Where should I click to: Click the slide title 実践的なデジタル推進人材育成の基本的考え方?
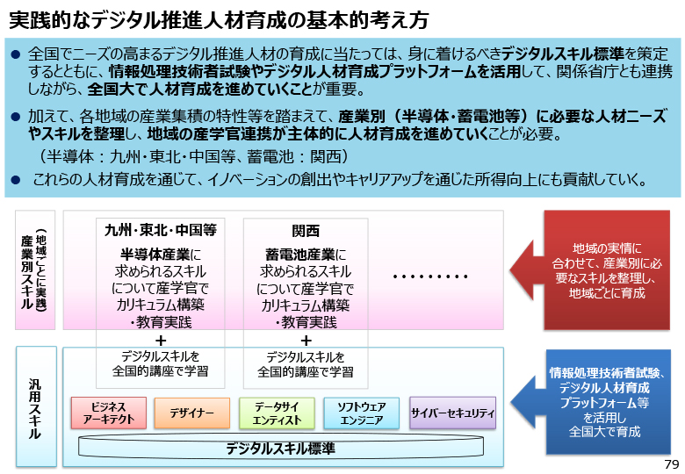pos(219,19)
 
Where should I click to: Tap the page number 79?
pos(672,464)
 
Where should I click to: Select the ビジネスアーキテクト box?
pos(109,413)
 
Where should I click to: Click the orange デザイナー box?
pos(191,413)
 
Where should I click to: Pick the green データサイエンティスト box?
pos(277,413)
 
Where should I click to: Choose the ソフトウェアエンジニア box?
pos(361,413)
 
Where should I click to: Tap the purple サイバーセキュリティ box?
pos(452,413)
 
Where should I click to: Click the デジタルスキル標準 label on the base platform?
pos(280,449)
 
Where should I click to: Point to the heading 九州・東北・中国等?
pos(161,230)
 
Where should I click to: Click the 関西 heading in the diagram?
pos(306,231)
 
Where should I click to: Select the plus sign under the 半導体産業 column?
pos(161,340)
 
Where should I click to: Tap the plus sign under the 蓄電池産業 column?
pos(306,340)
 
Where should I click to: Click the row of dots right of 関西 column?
pos(430,276)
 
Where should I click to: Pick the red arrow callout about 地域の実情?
pos(590,270)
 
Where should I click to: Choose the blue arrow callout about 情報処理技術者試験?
pos(591,401)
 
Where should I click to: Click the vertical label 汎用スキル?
pos(34,408)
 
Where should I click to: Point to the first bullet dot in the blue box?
pos(16,54)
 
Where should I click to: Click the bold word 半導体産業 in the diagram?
pos(155,255)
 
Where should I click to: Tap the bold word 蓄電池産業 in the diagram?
pos(300,255)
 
